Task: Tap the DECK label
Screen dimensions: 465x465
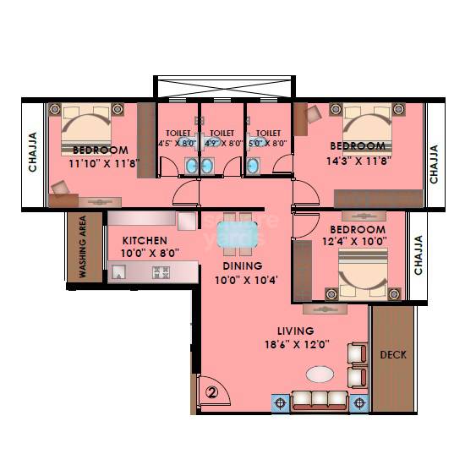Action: [x=393, y=354]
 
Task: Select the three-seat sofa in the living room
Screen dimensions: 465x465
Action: [x=320, y=401]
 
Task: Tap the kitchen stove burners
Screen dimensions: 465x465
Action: [x=161, y=272]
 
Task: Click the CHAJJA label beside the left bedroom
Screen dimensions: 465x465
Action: [x=32, y=152]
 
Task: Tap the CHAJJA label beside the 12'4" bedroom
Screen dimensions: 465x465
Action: [x=418, y=254]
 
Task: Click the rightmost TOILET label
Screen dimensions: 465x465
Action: [x=268, y=133]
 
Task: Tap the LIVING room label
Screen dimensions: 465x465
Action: [x=295, y=331]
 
